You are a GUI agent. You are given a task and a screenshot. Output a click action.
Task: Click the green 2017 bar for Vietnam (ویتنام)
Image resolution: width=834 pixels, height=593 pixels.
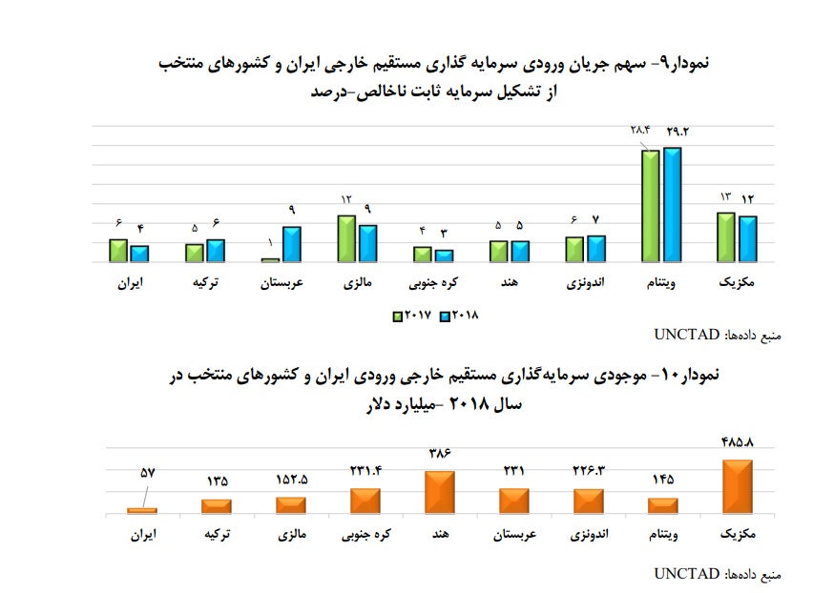click(x=650, y=205)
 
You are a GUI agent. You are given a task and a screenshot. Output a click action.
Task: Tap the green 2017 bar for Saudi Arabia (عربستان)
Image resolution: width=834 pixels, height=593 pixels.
click(x=270, y=259)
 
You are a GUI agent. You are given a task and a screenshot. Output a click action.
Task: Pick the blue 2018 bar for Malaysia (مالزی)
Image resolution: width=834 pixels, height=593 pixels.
click(x=367, y=242)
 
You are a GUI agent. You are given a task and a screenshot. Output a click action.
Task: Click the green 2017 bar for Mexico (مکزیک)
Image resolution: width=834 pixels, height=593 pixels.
click(x=725, y=236)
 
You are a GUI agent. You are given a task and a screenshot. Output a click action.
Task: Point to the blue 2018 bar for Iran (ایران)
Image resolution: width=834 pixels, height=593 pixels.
click(x=140, y=253)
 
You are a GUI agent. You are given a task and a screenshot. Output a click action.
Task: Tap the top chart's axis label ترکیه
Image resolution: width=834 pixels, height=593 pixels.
click(x=205, y=283)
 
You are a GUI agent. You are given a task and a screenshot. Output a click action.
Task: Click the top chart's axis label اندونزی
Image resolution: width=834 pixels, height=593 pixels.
click(x=584, y=283)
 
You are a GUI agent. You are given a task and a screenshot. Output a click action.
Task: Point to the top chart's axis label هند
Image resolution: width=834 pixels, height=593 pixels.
click(x=508, y=283)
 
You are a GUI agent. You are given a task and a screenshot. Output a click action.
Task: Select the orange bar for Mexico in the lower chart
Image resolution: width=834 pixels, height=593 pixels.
click(x=738, y=486)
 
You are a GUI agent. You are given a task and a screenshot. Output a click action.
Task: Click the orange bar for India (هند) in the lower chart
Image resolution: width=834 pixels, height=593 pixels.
click(x=440, y=492)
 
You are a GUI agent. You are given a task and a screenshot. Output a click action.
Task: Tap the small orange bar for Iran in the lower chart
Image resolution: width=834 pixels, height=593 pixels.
click(x=142, y=510)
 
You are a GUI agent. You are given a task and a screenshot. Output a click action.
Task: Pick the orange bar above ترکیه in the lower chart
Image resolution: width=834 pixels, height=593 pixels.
click(x=217, y=505)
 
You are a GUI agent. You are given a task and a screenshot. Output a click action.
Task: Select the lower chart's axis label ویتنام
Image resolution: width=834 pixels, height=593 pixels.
click(x=662, y=535)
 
